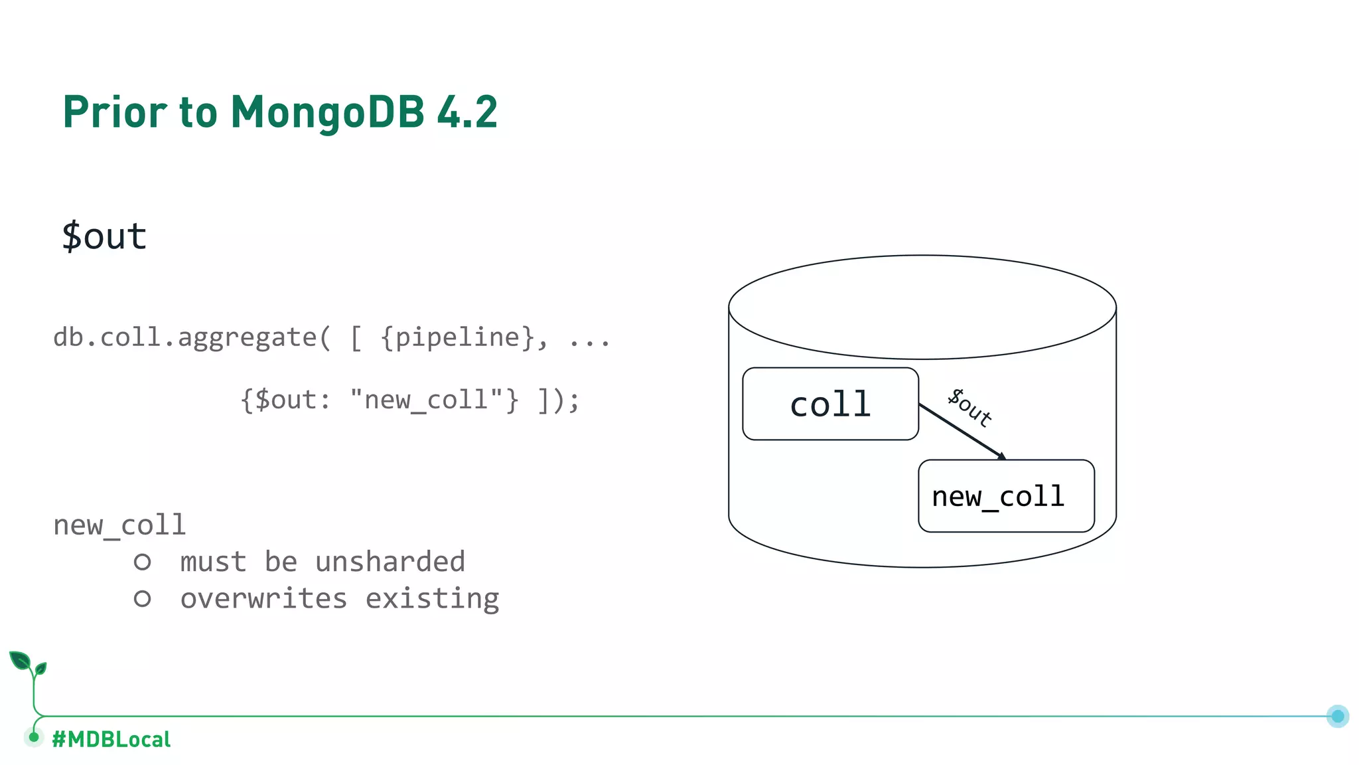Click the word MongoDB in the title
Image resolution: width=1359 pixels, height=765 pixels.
pyautogui.click(x=327, y=112)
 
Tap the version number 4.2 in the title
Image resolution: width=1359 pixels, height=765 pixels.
pyautogui.click(x=467, y=112)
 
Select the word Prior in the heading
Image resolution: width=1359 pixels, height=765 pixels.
pyautogui.click(x=115, y=112)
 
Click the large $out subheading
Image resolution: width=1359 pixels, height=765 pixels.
pyautogui.click(x=104, y=236)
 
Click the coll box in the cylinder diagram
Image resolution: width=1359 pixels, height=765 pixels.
pyautogui.click(x=830, y=404)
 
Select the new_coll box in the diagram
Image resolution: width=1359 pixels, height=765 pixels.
pyautogui.click(x=1006, y=496)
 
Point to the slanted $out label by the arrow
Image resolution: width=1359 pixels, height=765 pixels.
pyautogui.click(x=969, y=406)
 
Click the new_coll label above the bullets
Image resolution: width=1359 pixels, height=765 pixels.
pyautogui.click(x=119, y=525)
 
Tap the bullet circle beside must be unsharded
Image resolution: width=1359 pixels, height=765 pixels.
pyautogui.click(x=142, y=562)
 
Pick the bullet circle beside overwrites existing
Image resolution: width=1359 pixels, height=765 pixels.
pyautogui.click(x=142, y=599)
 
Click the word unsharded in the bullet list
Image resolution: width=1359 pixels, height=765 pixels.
pyautogui.click(x=390, y=562)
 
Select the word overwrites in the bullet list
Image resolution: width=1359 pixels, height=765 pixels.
pyautogui.click(x=263, y=599)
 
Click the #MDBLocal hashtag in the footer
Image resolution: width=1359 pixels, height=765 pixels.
pyautogui.click(x=111, y=739)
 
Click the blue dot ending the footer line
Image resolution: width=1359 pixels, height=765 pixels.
pyautogui.click(x=1338, y=716)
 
